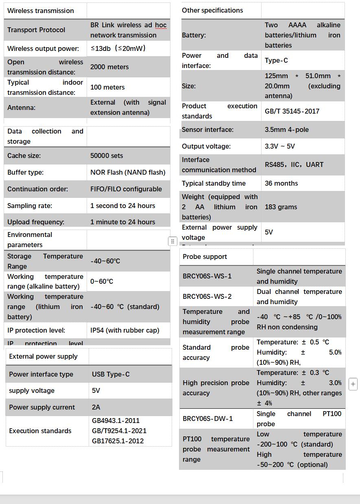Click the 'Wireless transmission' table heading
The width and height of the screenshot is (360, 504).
pyautogui.click(x=41, y=11)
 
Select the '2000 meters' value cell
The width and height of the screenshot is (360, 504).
pyautogui.click(x=109, y=67)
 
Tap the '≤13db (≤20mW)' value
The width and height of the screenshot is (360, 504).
pyautogui.click(x=118, y=48)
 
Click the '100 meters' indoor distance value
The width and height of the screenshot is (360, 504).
pyautogui.click(x=107, y=87)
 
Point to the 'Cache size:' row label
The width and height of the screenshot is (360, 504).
pyautogui.click(x=24, y=156)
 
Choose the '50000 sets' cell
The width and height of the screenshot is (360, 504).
pyautogui.click(x=107, y=156)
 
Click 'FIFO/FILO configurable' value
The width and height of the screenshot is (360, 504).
pyautogui.click(x=126, y=189)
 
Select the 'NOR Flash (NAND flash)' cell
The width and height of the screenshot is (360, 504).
pyautogui.click(x=128, y=172)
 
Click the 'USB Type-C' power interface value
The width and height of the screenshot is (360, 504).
pyautogui.click(x=111, y=374)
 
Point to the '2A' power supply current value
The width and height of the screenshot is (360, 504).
pyautogui.click(x=96, y=407)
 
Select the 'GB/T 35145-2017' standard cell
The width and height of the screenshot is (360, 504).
pyautogui.click(x=292, y=111)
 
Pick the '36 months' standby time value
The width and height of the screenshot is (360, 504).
pyautogui.click(x=281, y=183)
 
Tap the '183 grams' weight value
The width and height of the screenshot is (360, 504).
pyautogui.click(x=281, y=207)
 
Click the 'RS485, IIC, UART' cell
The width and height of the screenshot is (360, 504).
pyautogui.click(x=294, y=164)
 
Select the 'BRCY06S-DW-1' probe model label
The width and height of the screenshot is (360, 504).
pyautogui.click(x=208, y=419)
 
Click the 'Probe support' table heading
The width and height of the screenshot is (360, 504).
pyautogui.click(x=205, y=256)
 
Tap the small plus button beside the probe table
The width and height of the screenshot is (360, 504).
pyautogui.click(x=353, y=383)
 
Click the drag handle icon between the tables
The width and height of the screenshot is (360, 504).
pyautogui.click(x=172, y=241)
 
